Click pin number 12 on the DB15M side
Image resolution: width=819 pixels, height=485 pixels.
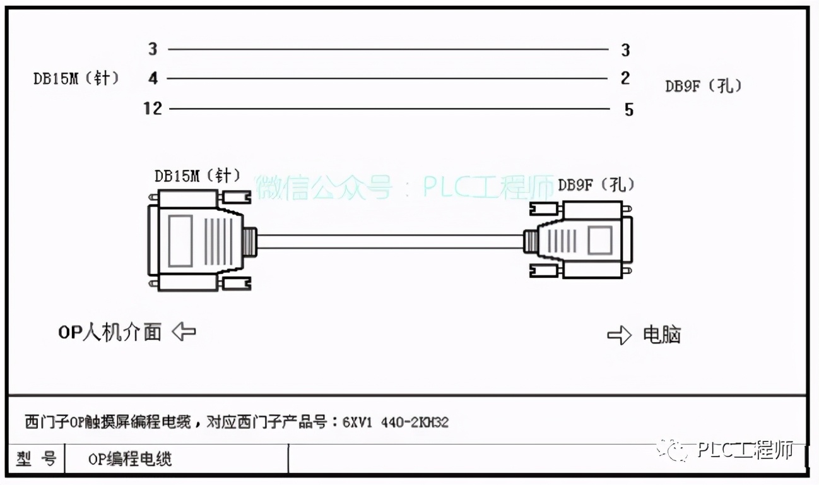coord(152,109)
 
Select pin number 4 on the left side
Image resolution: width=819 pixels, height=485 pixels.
coord(153,79)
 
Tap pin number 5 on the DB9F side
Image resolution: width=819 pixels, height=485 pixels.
coord(628,110)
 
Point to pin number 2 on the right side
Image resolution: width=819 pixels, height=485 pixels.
coord(625,78)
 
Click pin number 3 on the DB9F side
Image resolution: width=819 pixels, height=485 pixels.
coord(625,51)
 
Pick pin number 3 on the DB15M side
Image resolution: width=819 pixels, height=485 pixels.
coord(153,49)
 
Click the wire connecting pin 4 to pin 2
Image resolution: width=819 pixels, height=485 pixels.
coord(388,79)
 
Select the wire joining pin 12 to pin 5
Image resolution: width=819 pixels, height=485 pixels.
coord(388,109)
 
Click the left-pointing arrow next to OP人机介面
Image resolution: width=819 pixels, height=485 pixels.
coord(184,331)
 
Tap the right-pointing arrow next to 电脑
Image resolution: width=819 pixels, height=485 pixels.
coord(619,335)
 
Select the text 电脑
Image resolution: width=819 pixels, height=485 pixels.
coord(662,335)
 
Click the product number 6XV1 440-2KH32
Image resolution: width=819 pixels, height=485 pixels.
coord(396,422)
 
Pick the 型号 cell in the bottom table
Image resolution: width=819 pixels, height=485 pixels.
coord(36,458)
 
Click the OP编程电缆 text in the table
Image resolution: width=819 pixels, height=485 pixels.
coord(130,459)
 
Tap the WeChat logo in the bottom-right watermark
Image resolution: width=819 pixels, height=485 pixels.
coord(675,450)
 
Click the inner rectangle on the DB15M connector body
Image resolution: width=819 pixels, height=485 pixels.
coord(180,241)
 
